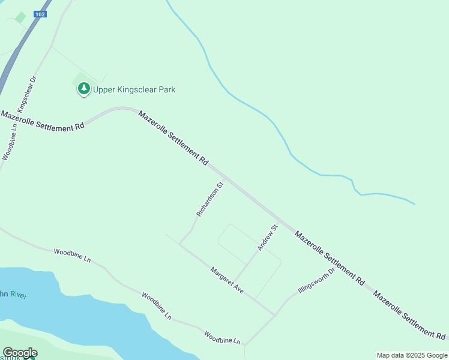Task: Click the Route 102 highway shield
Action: [x=40, y=14]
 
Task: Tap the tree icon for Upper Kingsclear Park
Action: [x=84, y=89]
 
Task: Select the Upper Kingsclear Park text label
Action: [x=134, y=89]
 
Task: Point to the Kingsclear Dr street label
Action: [x=28, y=94]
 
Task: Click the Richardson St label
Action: [x=209, y=199]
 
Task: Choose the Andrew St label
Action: [x=268, y=237]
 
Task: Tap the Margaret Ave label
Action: [x=227, y=280]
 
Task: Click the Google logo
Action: [x=20, y=353]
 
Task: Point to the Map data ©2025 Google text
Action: [x=412, y=355]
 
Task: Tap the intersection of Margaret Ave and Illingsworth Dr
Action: [x=275, y=314]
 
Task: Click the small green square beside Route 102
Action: [x=21, y=17]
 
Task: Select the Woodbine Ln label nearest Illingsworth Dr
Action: [x=222, y=337]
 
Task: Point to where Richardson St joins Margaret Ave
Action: [x=180, y=244]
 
